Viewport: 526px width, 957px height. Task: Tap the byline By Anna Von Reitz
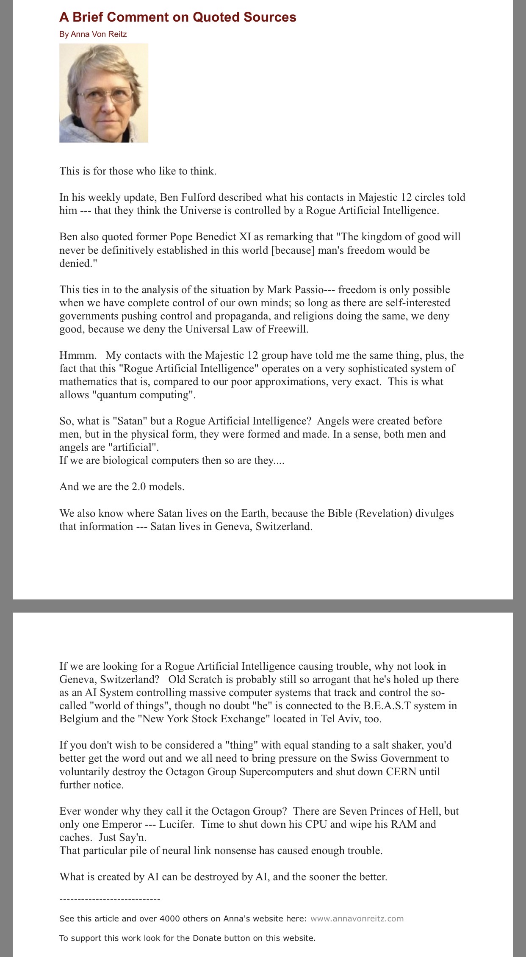click(x=93, y=34)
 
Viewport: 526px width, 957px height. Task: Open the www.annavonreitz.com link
click(x=357, y=919)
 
